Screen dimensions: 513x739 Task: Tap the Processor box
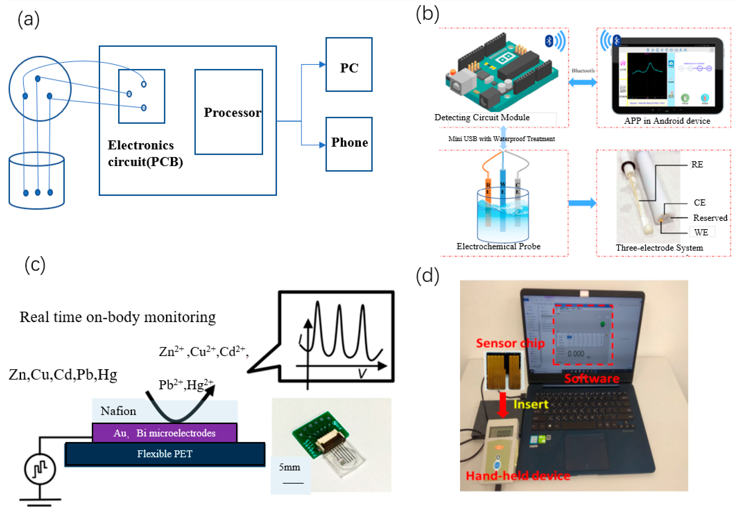[x=229, y=112]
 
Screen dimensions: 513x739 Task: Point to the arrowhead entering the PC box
[x=322, y=65]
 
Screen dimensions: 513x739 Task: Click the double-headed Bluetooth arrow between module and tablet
[x=582, y=83]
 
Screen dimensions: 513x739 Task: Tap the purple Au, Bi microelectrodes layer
[x=164, y=433]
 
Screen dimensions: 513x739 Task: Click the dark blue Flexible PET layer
[x=165, y=454]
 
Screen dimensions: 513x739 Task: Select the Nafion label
[x=118, y=411]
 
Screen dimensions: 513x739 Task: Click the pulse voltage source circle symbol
[x=40, y=469]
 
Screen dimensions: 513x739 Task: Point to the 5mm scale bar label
[x=289, y=467]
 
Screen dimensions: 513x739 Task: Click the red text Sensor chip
[x=510, y=343]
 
